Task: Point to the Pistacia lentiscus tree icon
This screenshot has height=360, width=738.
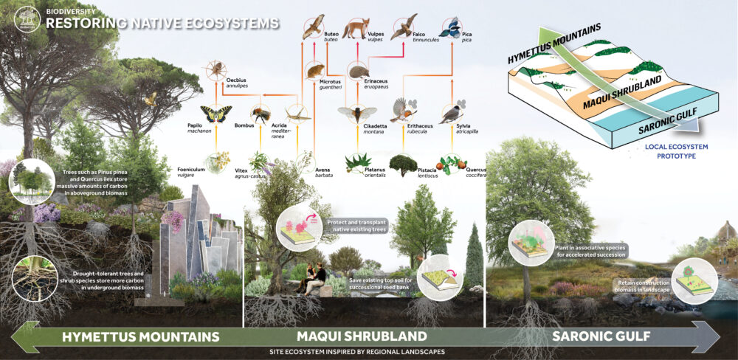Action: [403, 163]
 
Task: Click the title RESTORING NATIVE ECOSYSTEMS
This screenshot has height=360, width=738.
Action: [162, 24]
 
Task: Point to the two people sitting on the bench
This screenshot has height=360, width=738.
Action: [313, 278]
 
